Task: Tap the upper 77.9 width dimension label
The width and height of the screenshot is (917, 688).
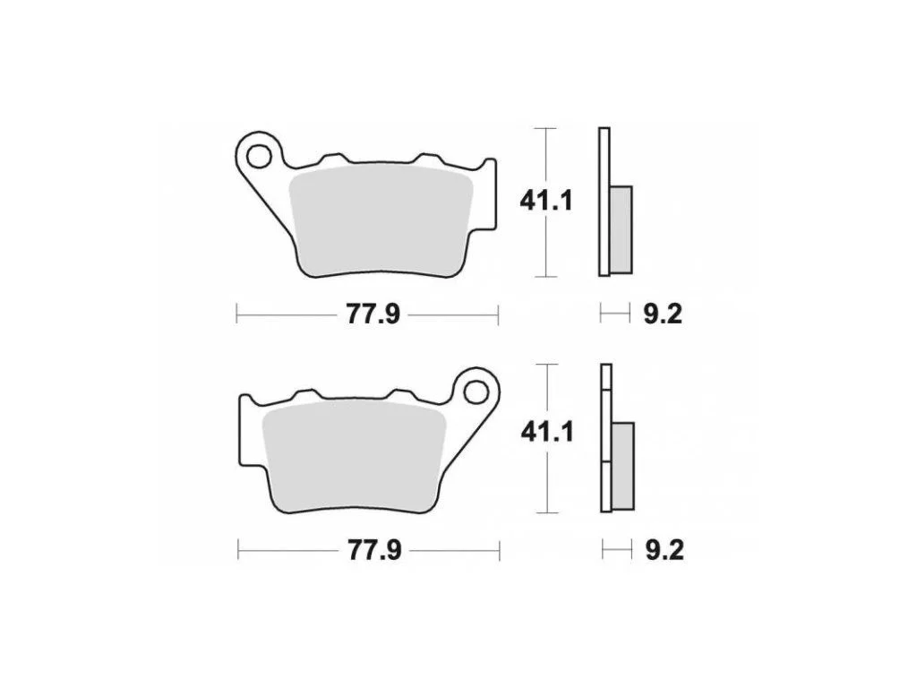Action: pos(373,314)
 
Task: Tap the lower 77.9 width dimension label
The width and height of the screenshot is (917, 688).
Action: pos(375,551)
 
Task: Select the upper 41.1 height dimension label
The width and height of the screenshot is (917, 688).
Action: pos(546,202)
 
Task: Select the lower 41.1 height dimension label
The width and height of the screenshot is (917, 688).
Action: pos(548,433)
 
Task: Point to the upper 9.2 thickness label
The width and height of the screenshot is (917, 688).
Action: pos(663,314)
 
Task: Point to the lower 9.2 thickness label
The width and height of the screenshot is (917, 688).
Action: pos(664,551)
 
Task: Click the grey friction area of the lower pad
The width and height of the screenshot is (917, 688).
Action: pos(355,455)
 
